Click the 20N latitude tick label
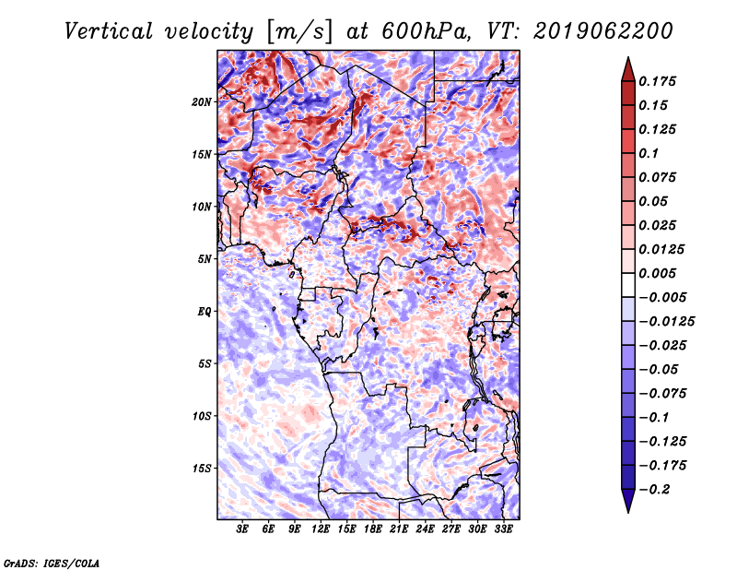(x=202, y=101)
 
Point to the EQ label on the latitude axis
(x=204, y=312)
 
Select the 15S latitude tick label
(x=202, y=469)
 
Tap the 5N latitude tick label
(x=205, y=259)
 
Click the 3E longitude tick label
(x=243, y=530)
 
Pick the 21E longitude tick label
(x=399, y=530)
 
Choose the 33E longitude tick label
(x=503, y=530)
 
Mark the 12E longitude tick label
(x=321, y=530)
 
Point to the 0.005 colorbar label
(x=660, y=274)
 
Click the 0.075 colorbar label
(x=660, y=178)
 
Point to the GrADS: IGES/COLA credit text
(x=51, y=562)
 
